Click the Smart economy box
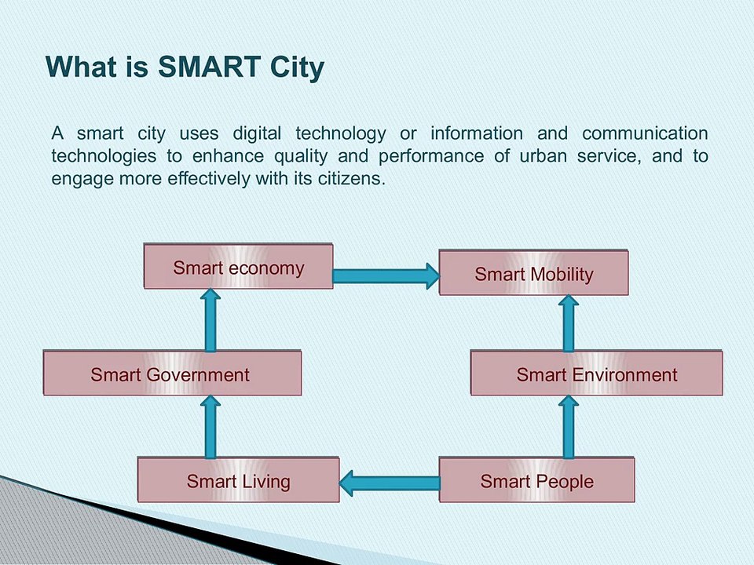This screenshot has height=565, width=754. (238, 266)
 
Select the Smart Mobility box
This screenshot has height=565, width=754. (533, 272)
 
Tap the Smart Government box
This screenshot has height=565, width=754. (172, 373)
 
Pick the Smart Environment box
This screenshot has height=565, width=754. (596, 373)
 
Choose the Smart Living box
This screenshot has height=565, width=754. (238, 480)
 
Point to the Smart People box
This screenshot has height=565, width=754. (536, 480)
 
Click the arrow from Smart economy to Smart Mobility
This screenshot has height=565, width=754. (386, 276)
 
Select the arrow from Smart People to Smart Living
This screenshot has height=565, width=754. (389, 483)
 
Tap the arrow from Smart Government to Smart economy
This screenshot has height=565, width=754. (210, 320)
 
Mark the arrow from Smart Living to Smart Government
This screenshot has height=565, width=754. (210, 427)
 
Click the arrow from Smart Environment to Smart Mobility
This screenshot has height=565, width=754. (569, 323)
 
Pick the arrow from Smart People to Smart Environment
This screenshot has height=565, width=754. (569, 427)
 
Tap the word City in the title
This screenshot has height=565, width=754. (297, 67)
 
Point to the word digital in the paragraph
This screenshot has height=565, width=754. (257, 133)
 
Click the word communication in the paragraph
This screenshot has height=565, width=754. (645, 133)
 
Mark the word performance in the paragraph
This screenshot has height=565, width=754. (431, 157)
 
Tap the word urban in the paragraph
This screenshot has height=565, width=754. (543, 155)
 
